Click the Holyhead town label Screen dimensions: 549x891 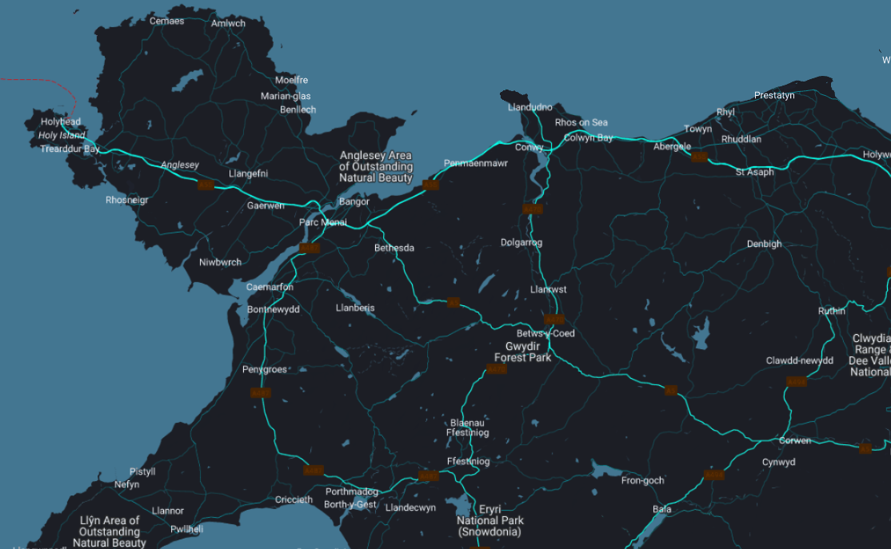(x=62, y=122)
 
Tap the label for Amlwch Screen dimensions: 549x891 (x=229, y=23)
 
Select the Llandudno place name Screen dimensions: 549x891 (x=530, y=107)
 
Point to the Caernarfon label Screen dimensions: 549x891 (x=270, y=287)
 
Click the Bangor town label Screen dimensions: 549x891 (x=354, y=201)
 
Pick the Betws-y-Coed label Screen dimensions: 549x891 (x=545, y=333)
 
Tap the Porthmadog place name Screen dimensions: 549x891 (x=351, y=491)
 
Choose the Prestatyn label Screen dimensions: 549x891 (x=774, y=95)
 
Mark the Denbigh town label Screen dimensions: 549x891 (x=764, y=244)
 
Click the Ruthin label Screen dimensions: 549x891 (x=831, y=311)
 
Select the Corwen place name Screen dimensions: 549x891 (x=794, y=440)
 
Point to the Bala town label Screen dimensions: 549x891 (x=662, y=509)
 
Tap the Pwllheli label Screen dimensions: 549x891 (x=186, y=529)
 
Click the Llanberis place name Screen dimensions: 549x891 (x=355, y=308)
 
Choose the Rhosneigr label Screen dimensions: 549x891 (x=126, y=200)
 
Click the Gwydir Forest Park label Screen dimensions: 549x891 (x=523, y=352)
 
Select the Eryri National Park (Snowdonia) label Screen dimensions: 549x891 (x=489, y=520)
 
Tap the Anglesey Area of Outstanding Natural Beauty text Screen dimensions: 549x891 (x=376, y=166)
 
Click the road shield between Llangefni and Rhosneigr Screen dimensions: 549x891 (x=206, y=185)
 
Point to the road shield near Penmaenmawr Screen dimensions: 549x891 (x=431, y=185)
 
